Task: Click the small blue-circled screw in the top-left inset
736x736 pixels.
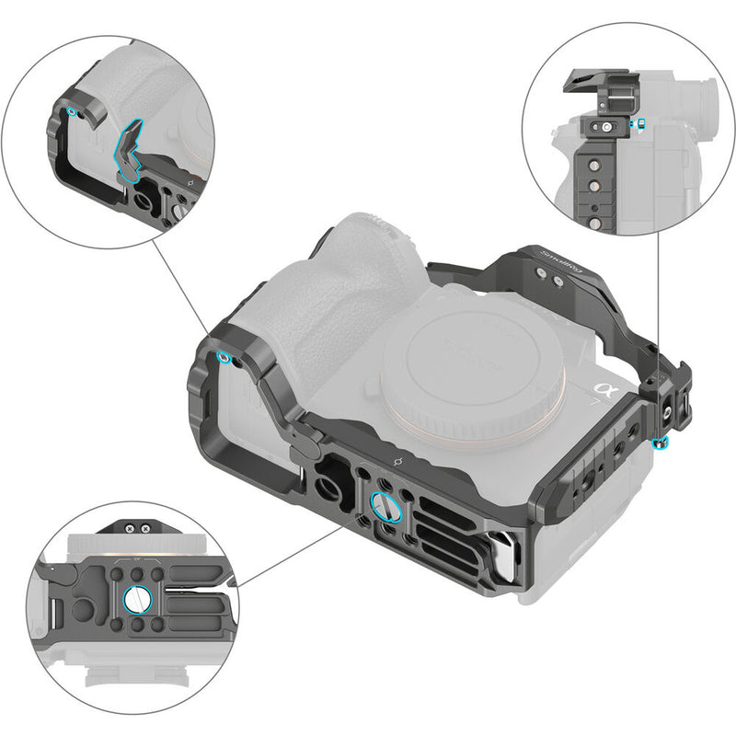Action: point(73,112)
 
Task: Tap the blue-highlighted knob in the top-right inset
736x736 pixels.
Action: point(641,123)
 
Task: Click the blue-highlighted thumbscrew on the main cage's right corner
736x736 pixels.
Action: point(659,444)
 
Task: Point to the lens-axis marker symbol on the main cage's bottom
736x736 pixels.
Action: point(397,457)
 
